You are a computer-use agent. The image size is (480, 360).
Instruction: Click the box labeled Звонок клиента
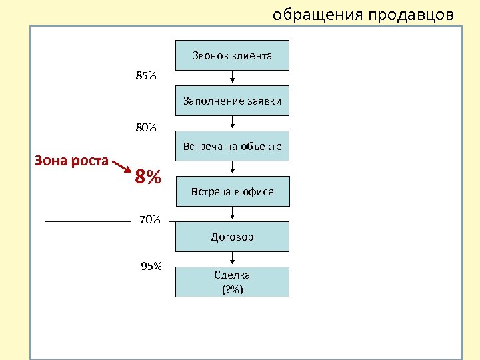pos(232,55)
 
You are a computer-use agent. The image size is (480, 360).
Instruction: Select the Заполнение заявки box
pos(232,101)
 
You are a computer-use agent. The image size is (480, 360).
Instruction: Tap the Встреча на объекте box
pos(232,146)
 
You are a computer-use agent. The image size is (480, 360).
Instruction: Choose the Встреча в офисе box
pos(232,191)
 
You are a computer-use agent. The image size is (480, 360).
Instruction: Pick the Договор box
pos(232,237)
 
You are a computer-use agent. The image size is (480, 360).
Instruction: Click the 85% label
pos(146,76)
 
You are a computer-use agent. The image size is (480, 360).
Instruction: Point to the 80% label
pos(146,127)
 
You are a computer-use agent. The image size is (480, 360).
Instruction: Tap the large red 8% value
pos(148,178)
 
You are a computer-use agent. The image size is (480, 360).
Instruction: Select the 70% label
pos(149,219)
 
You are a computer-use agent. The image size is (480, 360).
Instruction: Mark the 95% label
pos(151,267)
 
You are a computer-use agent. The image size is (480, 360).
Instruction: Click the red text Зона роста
pos(72,161)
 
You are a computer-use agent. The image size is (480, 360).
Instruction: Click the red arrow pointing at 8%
pos(121,165)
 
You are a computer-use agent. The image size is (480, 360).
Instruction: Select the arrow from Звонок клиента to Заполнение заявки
pos(232,77)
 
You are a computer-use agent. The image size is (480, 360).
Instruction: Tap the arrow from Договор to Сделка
pos(232,259)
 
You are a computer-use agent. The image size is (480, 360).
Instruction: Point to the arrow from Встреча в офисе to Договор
pos(232,213)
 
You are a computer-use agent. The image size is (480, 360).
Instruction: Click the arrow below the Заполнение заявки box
pos(232,123)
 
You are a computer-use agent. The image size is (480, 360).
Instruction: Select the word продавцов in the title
pos(413,15)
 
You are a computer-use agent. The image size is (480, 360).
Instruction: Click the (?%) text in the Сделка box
pos(232,289)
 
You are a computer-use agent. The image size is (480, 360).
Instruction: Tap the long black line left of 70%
pos(87,220)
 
